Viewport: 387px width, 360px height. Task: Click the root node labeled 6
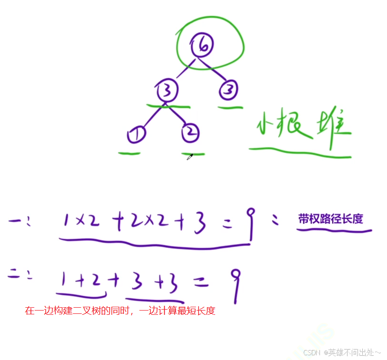[x=202, y=46]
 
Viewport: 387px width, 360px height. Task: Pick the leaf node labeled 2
[x=190, y=134]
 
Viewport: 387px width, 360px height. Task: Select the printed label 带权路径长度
[x=330, y=219]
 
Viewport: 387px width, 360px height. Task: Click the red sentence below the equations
[x=120, y=311]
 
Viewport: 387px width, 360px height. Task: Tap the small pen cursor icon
[x=189, y=157]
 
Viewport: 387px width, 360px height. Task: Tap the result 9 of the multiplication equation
[x=249, y=224]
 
